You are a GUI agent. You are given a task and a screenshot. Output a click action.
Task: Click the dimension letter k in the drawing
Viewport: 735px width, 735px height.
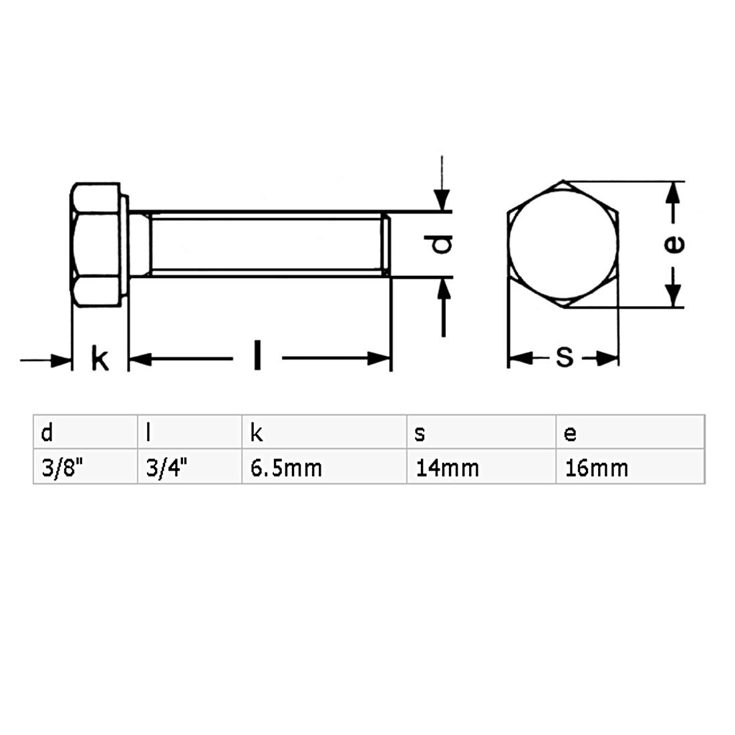pyautogui.click(x=99, y=359)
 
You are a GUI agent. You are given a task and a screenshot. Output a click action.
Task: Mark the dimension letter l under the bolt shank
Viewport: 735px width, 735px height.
pyautogui.click(x=257, y=355)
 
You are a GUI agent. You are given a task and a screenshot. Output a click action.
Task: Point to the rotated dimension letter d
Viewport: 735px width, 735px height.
pyautogui.click(x=442, y=245)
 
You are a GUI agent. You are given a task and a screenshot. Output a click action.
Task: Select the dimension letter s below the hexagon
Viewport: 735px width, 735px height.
pyautogui.click(x=565, y=358)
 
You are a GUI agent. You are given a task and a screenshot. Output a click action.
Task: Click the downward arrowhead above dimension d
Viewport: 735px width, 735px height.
pyautogui.click(x=440, y=200)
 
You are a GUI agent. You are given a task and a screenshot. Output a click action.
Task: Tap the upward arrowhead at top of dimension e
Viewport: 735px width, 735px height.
pyautogui.click(x=674, y=192)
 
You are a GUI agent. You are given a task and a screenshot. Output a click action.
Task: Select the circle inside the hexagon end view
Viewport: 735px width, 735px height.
pyautogui.click(x=563, y=245)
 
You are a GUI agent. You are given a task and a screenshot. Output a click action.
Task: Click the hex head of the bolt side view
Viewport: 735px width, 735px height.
pyautogui.click(x=96, y=245)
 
